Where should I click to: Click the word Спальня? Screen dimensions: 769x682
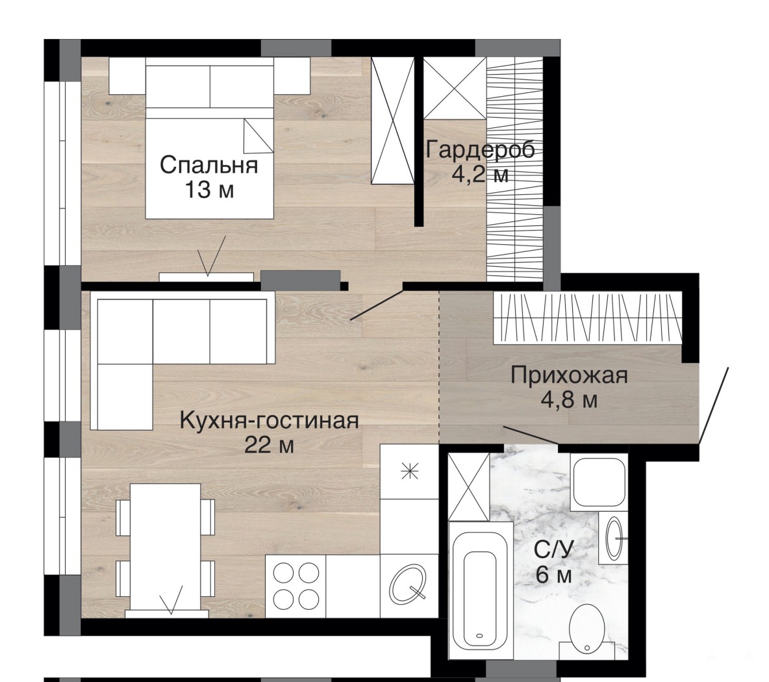[209, 165]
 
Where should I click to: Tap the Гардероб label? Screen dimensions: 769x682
[480, 149]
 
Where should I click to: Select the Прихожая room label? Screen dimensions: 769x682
[569, 375]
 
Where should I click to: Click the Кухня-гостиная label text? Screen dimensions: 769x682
[270, 421]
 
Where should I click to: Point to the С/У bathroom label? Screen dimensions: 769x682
[554, 549]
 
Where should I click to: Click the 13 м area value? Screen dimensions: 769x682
[209, 190]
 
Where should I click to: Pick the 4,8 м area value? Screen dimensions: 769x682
[569, 400]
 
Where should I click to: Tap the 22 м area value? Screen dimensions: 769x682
[270, 446]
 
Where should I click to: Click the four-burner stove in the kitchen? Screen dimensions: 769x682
[296, 586]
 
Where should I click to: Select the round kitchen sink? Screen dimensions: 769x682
[407, 585]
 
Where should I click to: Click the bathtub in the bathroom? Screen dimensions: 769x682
[480, 590]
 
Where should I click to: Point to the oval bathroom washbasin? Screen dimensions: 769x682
[614, 538]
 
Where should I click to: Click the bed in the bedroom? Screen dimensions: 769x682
[209, 138]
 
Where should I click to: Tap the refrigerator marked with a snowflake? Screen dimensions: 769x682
[409, 472]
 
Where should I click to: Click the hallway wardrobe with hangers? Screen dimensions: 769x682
[588, 317]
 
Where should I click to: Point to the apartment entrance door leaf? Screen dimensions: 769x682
[714, 407]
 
